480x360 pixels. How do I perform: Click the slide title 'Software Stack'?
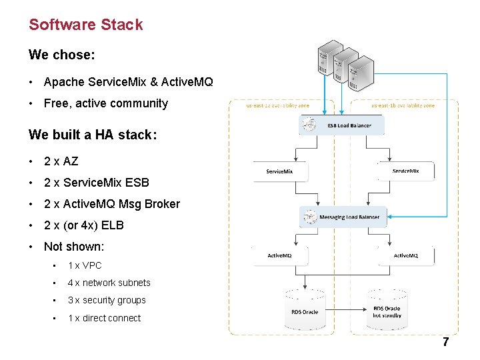(x=85, y=25)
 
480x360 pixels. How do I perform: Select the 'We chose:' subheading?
(x=61, y=55)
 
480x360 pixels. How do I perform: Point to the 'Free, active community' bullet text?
(x=105, y=103)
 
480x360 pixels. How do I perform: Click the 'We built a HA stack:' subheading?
(x=93, y=135)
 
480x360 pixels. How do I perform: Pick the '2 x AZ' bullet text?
(x=61, y=161)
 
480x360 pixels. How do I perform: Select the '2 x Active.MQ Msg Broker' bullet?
(x=111, y=204)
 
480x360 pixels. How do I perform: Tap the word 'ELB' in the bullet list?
(x=113, y=225)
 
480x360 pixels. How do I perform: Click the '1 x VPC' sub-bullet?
(x=85, y=265)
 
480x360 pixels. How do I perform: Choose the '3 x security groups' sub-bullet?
(x=107, y=301)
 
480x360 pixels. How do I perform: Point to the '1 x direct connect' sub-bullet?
(x=104, y=318)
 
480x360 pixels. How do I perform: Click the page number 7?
(x=445, y=343)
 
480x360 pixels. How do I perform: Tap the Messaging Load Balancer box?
(x=343, y=217)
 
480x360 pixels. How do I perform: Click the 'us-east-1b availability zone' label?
(x=403, y=105)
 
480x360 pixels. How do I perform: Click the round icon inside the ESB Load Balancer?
(x=309, y=124)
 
